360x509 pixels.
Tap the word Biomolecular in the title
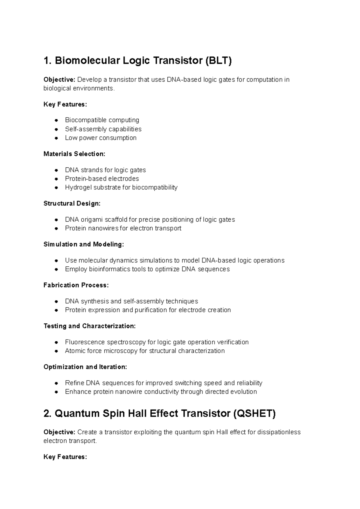point(87,61)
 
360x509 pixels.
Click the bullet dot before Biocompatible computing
point(56,120)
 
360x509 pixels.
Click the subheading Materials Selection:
point(74,154)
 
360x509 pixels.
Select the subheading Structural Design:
point(72,204)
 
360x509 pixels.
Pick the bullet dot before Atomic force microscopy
point(56,351)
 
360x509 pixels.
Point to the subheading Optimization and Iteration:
point(85,367)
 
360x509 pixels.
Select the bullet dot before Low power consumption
point(56,138)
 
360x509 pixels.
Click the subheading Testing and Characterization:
point(90,326)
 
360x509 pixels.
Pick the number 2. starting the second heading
point(48,414)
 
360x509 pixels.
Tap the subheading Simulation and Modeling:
point(84,244)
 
